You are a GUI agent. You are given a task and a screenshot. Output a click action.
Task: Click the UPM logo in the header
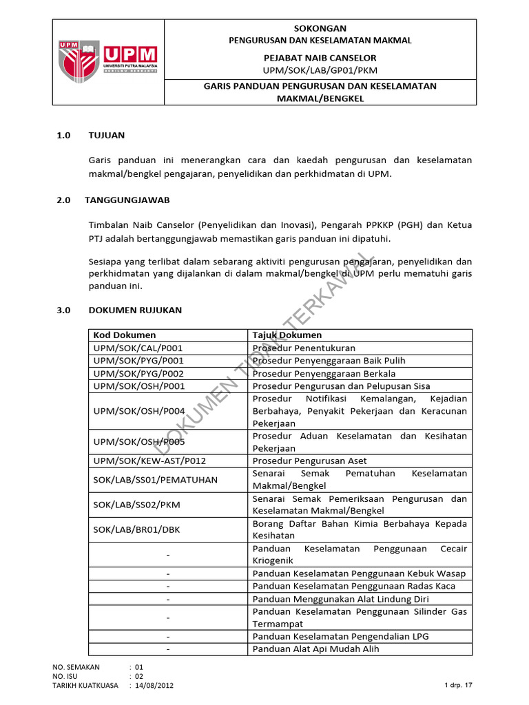click(109, 61)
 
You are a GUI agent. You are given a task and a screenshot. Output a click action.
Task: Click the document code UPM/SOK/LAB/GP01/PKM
click(320, 70)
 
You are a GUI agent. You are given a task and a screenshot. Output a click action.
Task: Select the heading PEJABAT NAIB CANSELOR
click(320, 58)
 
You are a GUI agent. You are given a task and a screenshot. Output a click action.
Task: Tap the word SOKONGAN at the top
click(320, 28)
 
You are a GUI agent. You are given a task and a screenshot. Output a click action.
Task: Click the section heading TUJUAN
click(107, 135)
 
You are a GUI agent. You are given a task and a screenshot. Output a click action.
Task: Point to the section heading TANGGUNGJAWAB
click(127, 200)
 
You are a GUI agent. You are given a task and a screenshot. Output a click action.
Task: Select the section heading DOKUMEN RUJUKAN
click(135, 310)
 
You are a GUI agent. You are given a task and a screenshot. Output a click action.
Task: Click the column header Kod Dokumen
click(125, 335)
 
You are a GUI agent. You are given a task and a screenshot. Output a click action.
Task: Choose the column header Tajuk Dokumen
click(287, 335)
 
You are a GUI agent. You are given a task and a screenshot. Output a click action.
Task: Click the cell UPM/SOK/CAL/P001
click(138, 348)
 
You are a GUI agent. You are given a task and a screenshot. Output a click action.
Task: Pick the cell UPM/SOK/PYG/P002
click(138, 372)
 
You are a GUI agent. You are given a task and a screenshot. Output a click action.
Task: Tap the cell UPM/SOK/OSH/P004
click(138, 410)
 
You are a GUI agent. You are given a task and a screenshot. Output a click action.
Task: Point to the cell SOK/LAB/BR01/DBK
click(137, 529)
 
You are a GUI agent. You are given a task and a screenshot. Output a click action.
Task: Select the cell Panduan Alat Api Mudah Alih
click(315, 649)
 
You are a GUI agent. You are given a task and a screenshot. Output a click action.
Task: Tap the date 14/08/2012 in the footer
click(156, 686)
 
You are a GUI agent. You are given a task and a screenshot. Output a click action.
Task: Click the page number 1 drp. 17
click(459, 686)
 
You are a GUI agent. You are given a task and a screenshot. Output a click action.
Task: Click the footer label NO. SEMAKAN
click(76, 666)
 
